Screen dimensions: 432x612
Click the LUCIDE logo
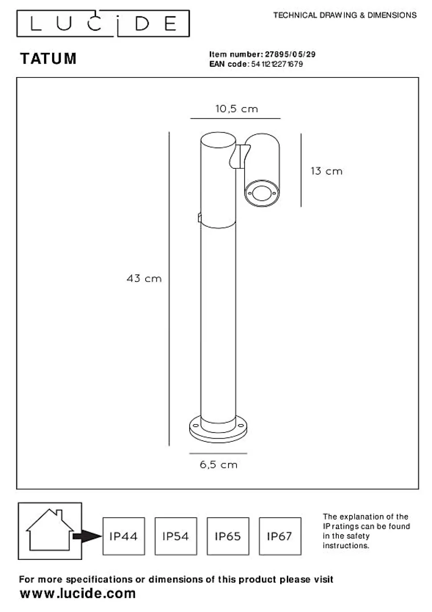(103, 24)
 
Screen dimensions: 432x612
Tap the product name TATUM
(48, 58)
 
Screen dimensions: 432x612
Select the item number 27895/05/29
(290, 54)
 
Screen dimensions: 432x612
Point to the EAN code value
(277, 64)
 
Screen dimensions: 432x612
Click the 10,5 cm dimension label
(236, 109)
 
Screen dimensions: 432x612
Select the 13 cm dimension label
(326, 171)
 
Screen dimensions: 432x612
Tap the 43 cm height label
(144, 278)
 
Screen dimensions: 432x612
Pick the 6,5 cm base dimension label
(219, 465)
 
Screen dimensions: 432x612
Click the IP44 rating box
(124, 536)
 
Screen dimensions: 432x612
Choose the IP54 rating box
(176, 536)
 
